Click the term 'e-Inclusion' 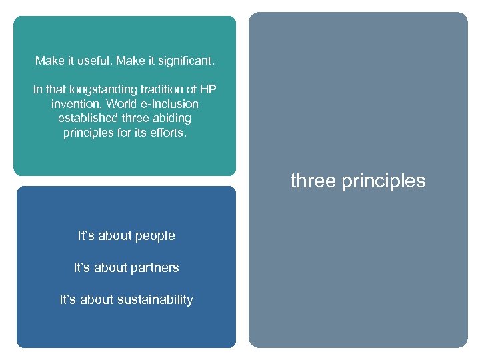(x=169, y=104)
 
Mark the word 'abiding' (x=171, y=118)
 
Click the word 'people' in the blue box (x=155, y=236)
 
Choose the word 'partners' (x=155, y=268)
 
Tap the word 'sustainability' (x=155, y=300)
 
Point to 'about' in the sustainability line (x=97, y=300)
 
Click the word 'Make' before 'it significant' (x=131, y=61)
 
